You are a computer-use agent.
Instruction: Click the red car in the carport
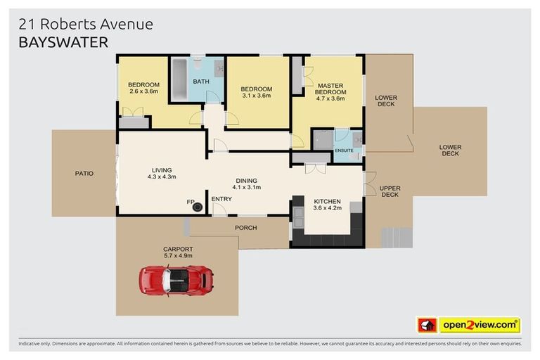176,279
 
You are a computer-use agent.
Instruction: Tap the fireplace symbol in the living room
198,206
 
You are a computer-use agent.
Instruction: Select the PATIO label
84,174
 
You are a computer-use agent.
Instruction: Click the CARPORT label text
178,249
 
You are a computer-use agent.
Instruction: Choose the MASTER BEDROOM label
330,89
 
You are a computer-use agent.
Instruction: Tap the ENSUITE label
344,150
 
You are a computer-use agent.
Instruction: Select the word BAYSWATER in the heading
63,43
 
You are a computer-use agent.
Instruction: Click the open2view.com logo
479,325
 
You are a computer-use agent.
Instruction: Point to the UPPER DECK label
389,191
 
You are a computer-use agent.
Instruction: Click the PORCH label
246,228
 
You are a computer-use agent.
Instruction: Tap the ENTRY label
221,200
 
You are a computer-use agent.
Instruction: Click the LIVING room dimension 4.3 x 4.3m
161,176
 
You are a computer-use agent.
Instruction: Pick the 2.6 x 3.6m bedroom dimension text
143,91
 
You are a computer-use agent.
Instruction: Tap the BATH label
201,82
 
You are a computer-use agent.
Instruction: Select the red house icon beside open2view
427,325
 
